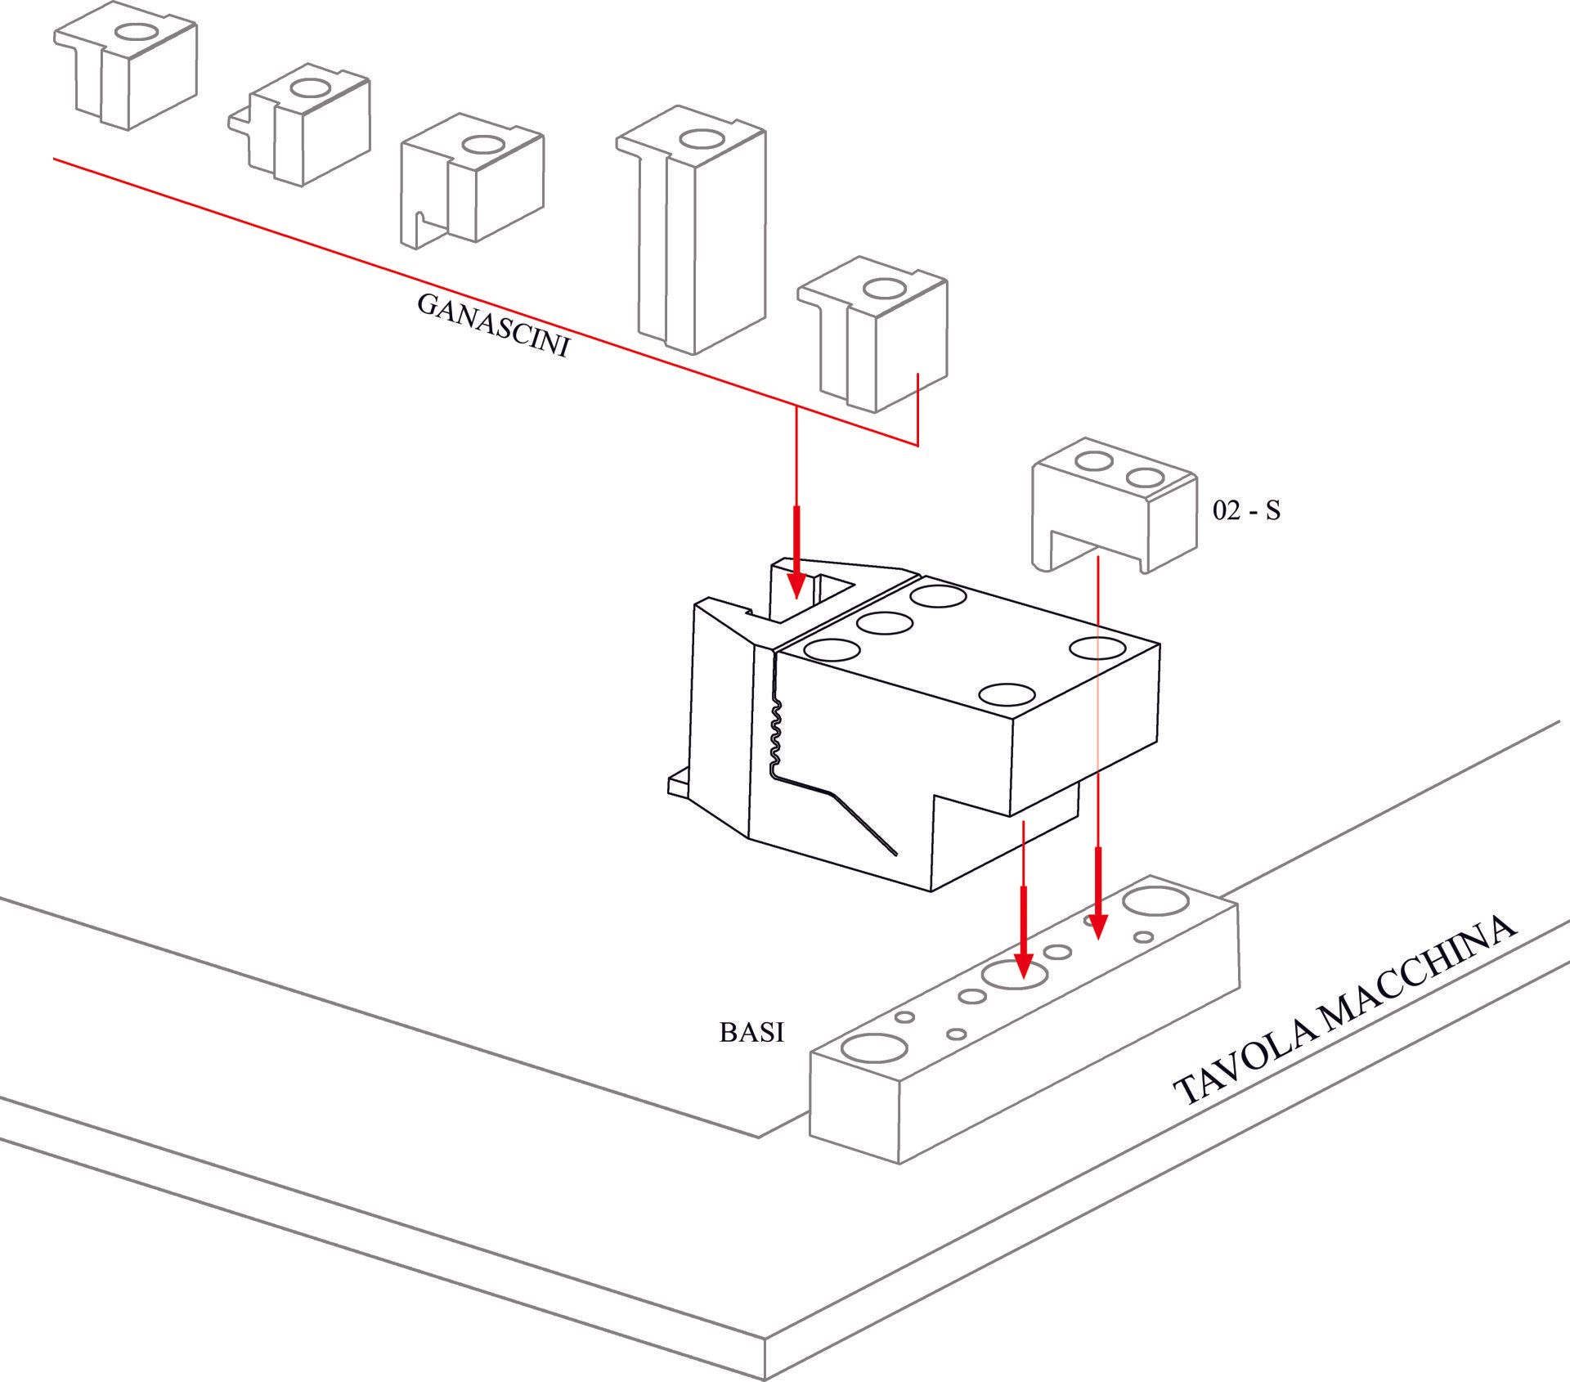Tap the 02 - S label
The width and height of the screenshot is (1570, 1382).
pos(1246,511)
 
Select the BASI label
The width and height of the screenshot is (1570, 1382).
pos(751,1033)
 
